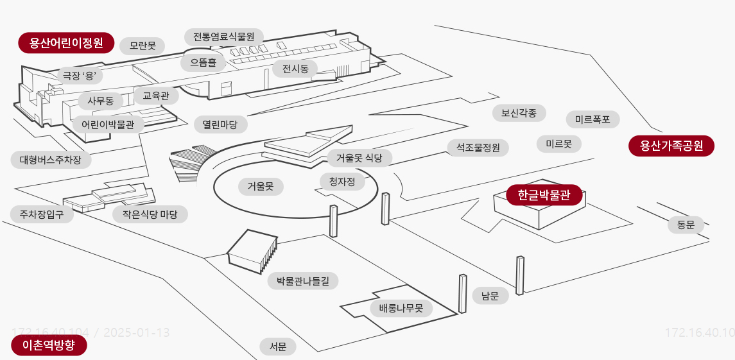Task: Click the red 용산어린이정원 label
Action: [66, 43]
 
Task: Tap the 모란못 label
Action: [143, 46]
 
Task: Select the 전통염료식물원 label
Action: [224, 37]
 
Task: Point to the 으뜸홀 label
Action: [203, 62]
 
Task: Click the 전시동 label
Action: [295, 68]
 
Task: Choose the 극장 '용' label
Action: [79, 75]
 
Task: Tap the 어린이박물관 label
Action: [108, 124]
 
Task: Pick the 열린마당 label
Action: [220, 124]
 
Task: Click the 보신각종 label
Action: [519, 113]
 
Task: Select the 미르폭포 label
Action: [592, 119]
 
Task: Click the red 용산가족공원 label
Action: [671, 146]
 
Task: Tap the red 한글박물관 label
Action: [544, 195]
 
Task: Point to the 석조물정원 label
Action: [478, 148]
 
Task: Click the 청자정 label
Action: [342, 182]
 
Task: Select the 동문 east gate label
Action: [686, 225]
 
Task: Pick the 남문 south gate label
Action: [490, 295]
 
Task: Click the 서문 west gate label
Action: [278, 347]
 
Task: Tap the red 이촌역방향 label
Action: [49, 346]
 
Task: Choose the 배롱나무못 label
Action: [401, 308]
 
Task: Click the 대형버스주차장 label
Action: [51, 160]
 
